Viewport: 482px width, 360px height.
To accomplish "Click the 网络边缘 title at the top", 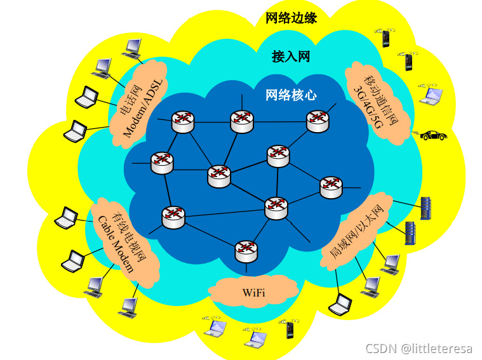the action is tap(291, 18).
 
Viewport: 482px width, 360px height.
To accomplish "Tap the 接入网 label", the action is tap(291, 57).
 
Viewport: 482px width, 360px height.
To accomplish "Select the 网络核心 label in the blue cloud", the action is tap(291, 95).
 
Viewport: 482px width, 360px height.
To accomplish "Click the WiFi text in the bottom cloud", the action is tap(253, 293).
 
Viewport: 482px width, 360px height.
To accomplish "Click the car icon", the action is tap(432, 135).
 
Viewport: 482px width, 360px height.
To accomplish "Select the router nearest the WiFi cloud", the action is tap(246, 251).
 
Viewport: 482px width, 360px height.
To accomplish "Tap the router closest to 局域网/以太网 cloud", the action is tap(331, 187).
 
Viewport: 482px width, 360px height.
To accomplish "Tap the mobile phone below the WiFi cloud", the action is tap(290, 329).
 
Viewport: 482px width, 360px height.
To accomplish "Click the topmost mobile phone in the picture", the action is tap(385, 37).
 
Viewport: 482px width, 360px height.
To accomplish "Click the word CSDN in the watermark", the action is tap(382, 348).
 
